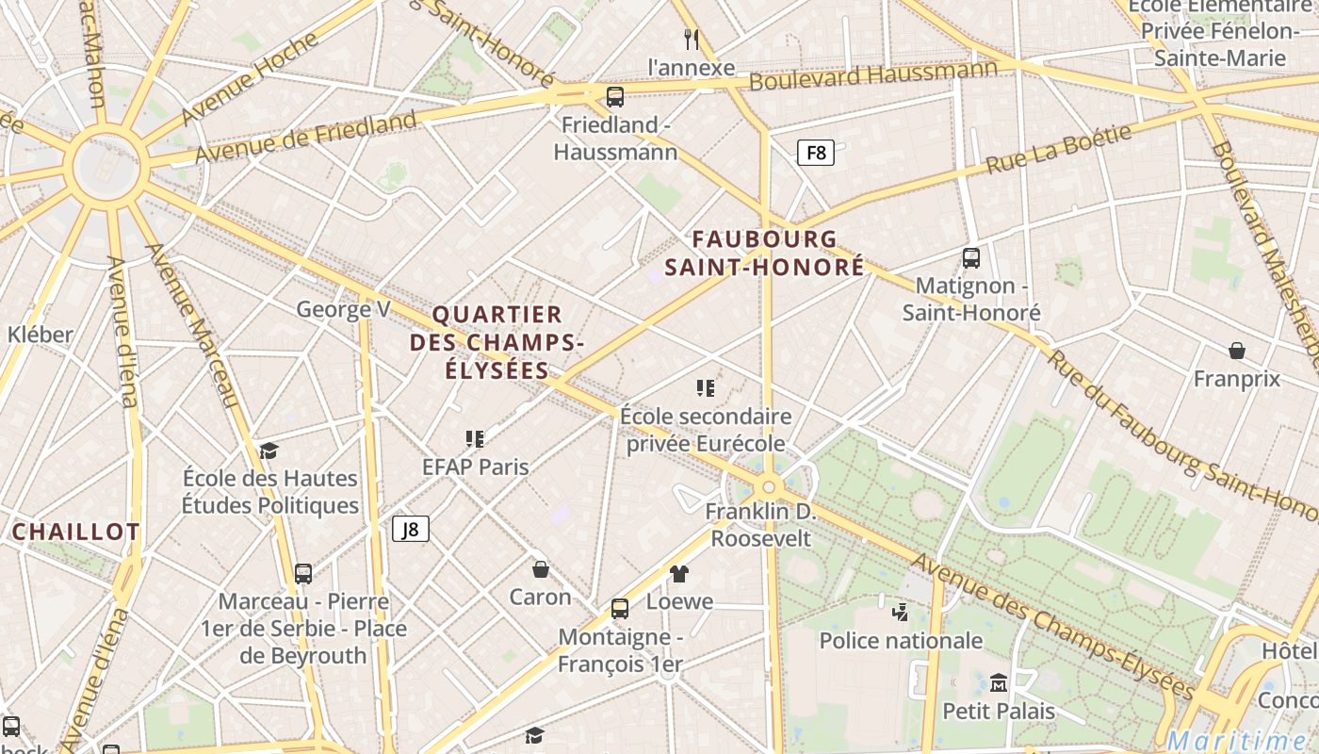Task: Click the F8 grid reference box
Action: [816, 152]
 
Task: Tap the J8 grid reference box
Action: [411, 529]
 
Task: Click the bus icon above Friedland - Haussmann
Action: [615, 96]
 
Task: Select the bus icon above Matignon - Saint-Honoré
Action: [971, 257]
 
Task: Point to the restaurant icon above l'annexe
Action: [692, 39]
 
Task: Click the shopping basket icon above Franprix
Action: [1237, 351]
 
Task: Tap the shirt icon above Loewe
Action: [679, 573]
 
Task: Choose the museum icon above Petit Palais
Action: [999, 681]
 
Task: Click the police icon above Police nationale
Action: [900, 612]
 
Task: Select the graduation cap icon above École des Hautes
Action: [269, 450]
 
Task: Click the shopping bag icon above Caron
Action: [541, 569]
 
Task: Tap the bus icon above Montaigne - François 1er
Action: [619, 609]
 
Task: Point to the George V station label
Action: [343, 309]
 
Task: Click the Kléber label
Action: [40, 335]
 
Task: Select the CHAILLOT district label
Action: [75, 532]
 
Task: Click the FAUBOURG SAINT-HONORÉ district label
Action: [764, 253]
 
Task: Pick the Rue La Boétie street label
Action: [1058, 150]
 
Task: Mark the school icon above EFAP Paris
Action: [475, 438]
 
